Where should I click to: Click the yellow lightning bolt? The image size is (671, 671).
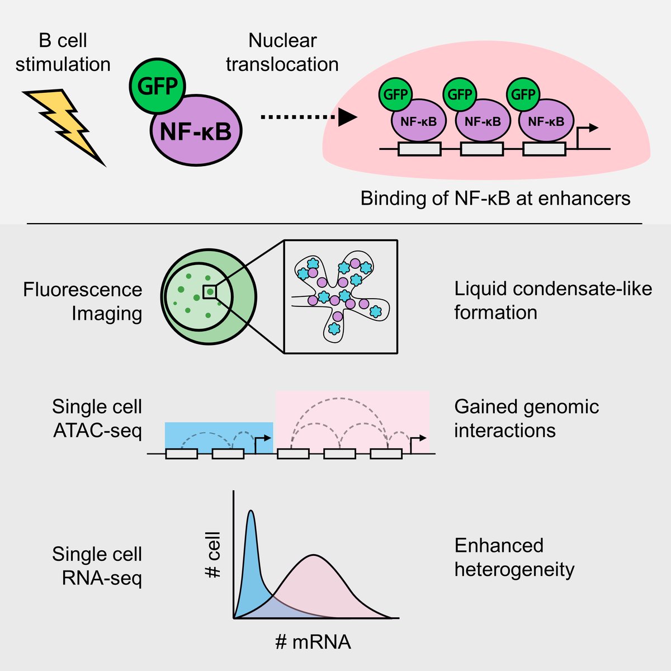65,126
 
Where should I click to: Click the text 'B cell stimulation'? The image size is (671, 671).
63,53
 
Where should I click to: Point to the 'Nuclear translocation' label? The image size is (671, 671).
282,53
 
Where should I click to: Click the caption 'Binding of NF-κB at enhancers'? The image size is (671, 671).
495,199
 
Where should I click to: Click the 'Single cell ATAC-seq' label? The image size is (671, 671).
97,418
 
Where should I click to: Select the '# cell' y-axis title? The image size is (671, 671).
213,555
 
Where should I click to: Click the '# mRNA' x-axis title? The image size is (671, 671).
313,641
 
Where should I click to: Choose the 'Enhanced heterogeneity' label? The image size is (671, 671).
514,557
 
